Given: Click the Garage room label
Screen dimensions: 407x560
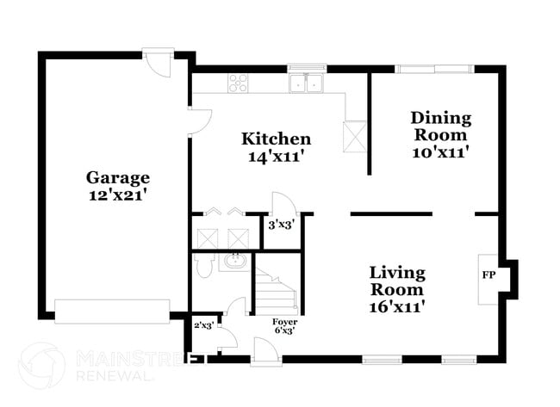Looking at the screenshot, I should tap(117, 177).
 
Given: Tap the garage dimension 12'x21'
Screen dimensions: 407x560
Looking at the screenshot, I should tap(117, 195).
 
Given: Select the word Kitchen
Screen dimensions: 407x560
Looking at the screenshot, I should tap(276, 139).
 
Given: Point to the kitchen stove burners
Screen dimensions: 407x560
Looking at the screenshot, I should tap(239, 83).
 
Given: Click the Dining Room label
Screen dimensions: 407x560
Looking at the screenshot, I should tap(440, 126).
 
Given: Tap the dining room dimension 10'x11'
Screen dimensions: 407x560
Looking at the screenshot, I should tap(440, 152).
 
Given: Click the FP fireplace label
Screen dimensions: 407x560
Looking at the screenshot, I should tap(488, 275).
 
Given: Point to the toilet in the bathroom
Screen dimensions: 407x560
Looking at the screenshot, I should tap(203, 268).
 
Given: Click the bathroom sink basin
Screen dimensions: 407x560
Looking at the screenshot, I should tap(233, 261).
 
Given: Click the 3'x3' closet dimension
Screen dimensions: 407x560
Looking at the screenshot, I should tap(280, 225).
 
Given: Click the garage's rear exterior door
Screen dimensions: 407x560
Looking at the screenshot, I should tap(158, 62).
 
